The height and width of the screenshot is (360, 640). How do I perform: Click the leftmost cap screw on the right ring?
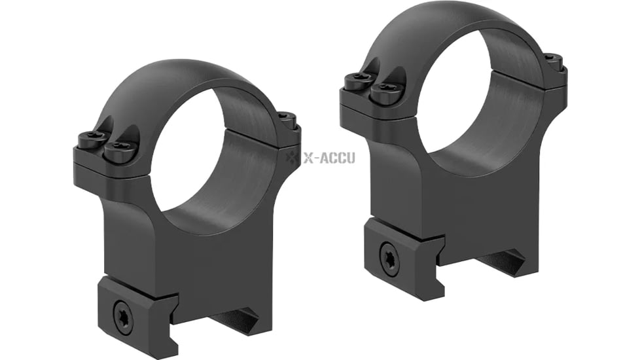click(357, 81)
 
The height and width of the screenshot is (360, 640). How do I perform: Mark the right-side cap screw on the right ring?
click(553, 62)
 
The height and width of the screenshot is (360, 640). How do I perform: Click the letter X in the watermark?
click(308, 158)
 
